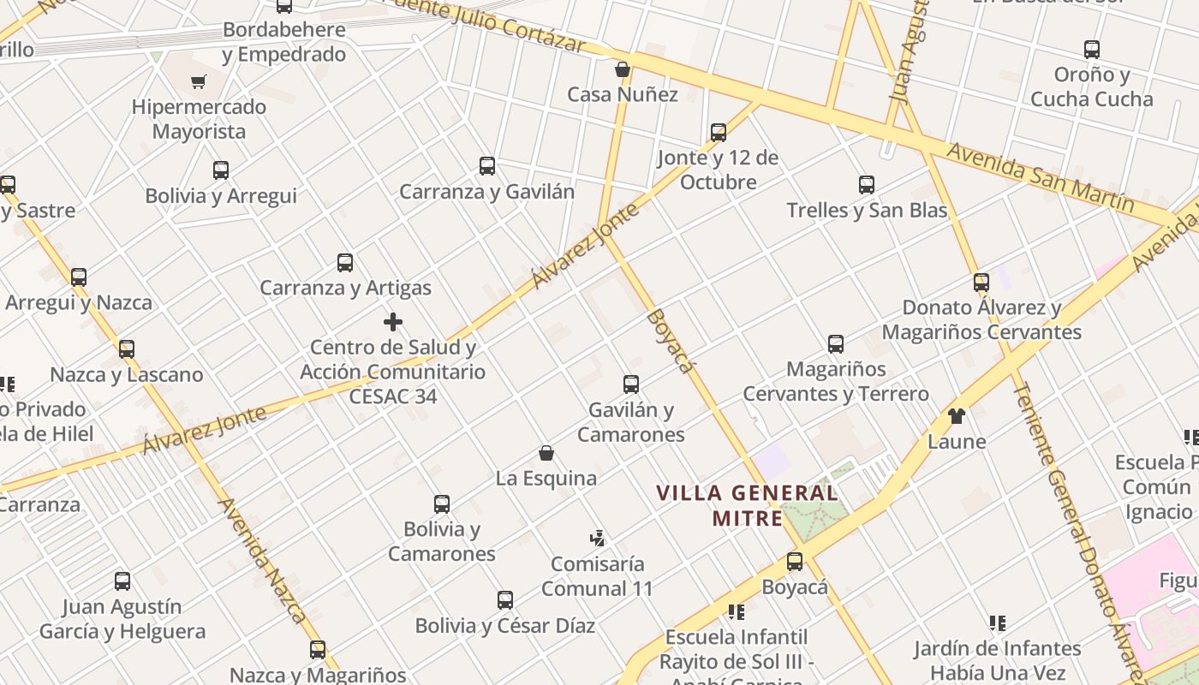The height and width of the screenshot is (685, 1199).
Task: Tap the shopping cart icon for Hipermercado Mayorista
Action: (x=199, y=82)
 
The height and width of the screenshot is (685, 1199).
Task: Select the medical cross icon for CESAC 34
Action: (x=393, y=322)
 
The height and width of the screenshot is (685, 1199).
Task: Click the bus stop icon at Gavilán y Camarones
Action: (x=631, y=384)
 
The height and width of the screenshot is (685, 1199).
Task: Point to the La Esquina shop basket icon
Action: (x=546, y=453)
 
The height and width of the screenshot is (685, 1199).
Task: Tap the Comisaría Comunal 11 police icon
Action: (x=597, y=539)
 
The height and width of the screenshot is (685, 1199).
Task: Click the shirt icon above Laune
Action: (x=957, y=417)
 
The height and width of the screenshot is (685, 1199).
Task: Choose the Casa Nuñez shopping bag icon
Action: (x=623, y=69)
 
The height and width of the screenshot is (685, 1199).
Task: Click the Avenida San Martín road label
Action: (x=1040, y=178)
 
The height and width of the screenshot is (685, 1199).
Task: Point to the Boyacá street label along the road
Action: (x=669, y=340)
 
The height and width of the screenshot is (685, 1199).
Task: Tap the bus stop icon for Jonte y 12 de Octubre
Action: (x=719, y=133)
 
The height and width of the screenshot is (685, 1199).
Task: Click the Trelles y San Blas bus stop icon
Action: (x=867, y=185)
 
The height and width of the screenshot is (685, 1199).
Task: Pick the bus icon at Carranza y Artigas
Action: (x=345, y=263)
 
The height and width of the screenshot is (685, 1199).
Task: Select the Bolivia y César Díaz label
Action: (x=505, y=626)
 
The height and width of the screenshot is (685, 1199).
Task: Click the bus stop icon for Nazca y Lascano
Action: (x=127, y=349)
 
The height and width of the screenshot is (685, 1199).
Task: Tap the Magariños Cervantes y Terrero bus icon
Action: (x=836, y=344)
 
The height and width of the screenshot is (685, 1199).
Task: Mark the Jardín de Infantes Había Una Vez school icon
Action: (x=997, y=623)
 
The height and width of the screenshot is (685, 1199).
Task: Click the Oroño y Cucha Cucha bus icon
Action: (x=1091, y=50)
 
